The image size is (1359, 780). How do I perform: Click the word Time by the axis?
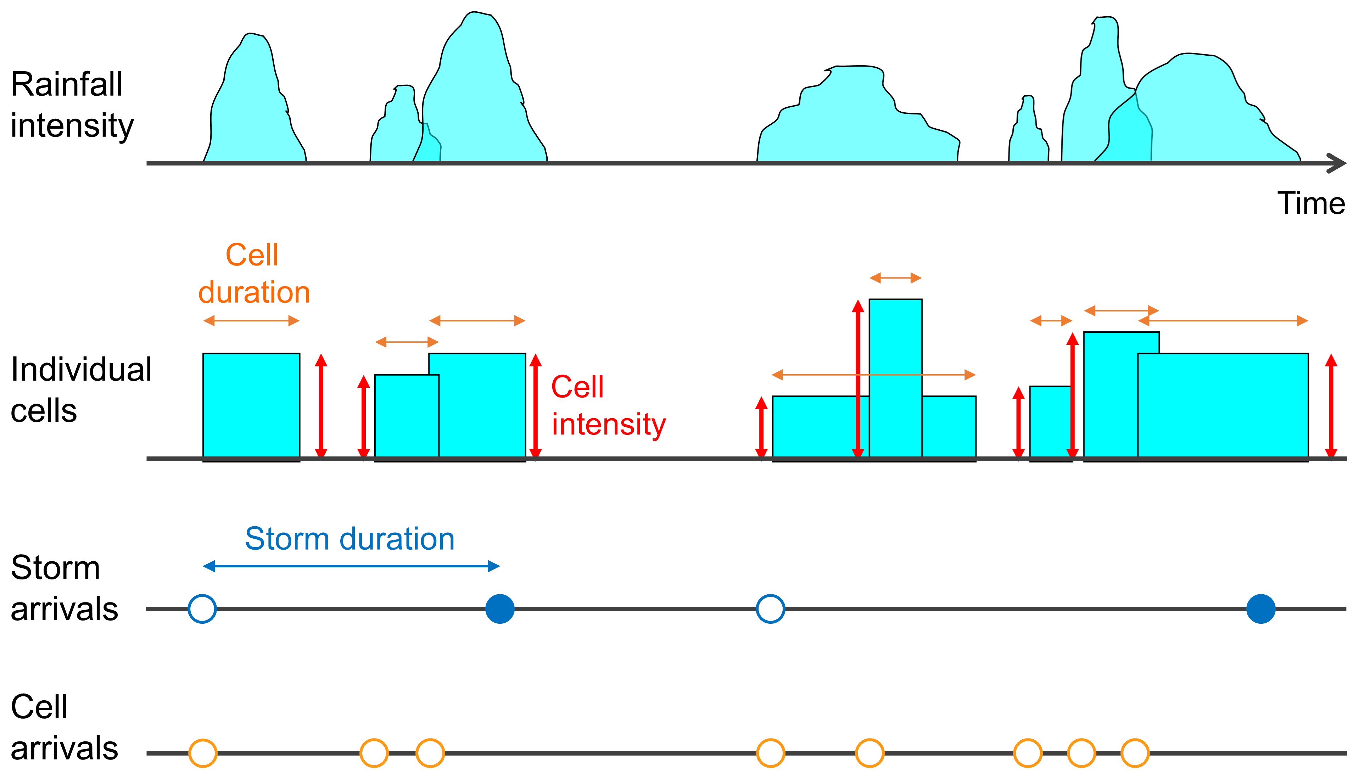1311,203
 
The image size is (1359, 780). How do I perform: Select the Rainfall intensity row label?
72,105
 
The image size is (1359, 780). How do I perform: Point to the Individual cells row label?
81,389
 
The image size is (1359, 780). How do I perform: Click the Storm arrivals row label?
64,588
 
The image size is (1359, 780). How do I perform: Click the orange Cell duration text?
254,274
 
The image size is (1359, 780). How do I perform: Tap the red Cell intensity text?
609,405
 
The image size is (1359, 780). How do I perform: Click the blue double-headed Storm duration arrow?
351,566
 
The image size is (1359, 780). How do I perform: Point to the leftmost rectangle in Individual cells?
251,406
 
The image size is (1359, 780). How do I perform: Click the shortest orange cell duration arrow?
1051,321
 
